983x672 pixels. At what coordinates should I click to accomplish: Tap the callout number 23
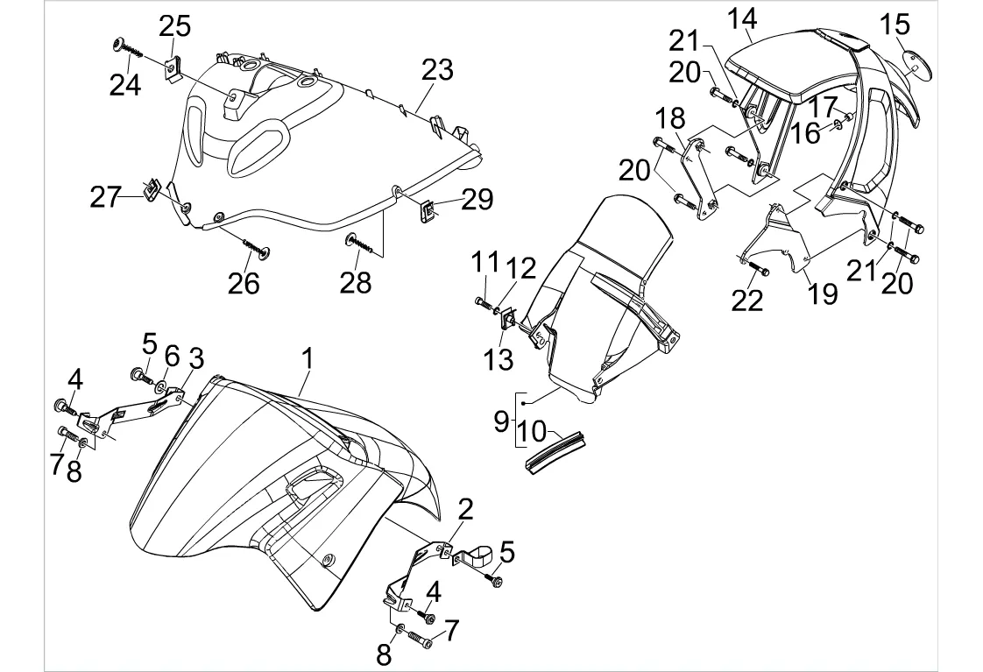(x=437, y=69)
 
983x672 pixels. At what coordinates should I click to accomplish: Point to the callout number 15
(x=895, y=24)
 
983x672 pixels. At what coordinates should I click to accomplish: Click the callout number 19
(x=823, y=293)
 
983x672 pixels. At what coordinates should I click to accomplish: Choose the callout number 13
(x=500, y=359)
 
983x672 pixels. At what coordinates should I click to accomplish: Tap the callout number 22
(x=747, y=300)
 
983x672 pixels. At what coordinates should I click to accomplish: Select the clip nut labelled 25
(x=175, y=67)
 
